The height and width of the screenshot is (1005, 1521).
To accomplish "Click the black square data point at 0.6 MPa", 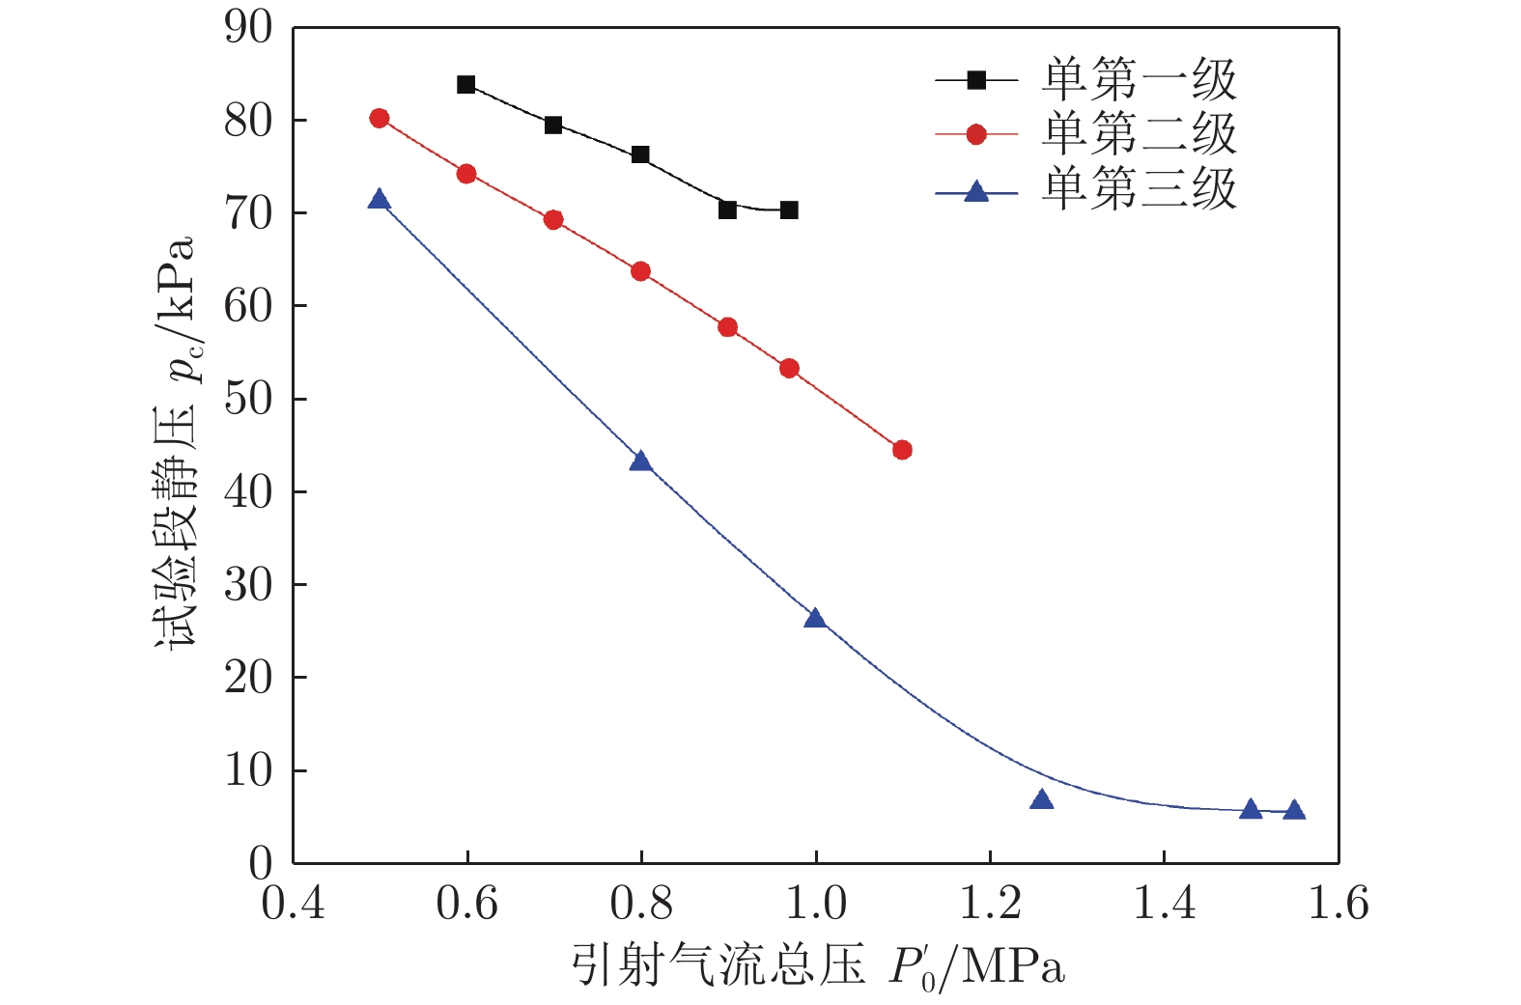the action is pos(465,85).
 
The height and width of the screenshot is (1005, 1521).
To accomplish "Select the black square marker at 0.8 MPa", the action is pos(640,154).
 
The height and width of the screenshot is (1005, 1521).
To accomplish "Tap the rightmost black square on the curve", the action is pos(789,210).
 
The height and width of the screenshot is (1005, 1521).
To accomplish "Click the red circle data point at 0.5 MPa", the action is pos(380,118).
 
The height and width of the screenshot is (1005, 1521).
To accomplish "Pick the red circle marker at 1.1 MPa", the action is pos(902,450).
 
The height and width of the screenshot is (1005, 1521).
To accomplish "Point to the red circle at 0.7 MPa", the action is pos(553,220).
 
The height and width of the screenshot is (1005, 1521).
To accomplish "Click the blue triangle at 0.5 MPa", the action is pos(379,200).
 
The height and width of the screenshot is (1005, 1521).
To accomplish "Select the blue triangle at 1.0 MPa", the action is pos(815,618).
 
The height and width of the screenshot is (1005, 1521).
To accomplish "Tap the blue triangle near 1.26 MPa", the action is pos(1042,799).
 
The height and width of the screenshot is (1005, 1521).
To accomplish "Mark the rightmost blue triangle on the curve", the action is pos(1294,810).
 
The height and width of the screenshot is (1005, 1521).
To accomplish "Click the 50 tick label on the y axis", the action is pos(248,399).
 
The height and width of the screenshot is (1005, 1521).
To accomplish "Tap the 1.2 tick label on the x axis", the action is pos(990,904).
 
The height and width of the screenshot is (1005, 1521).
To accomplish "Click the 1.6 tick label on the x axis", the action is pos(1338,904).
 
